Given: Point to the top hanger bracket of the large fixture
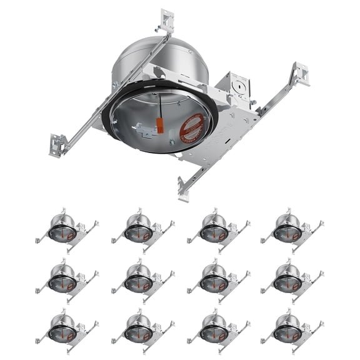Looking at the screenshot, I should [x=166, y=21].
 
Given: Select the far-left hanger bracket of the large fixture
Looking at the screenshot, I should [x=58, y=145].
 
